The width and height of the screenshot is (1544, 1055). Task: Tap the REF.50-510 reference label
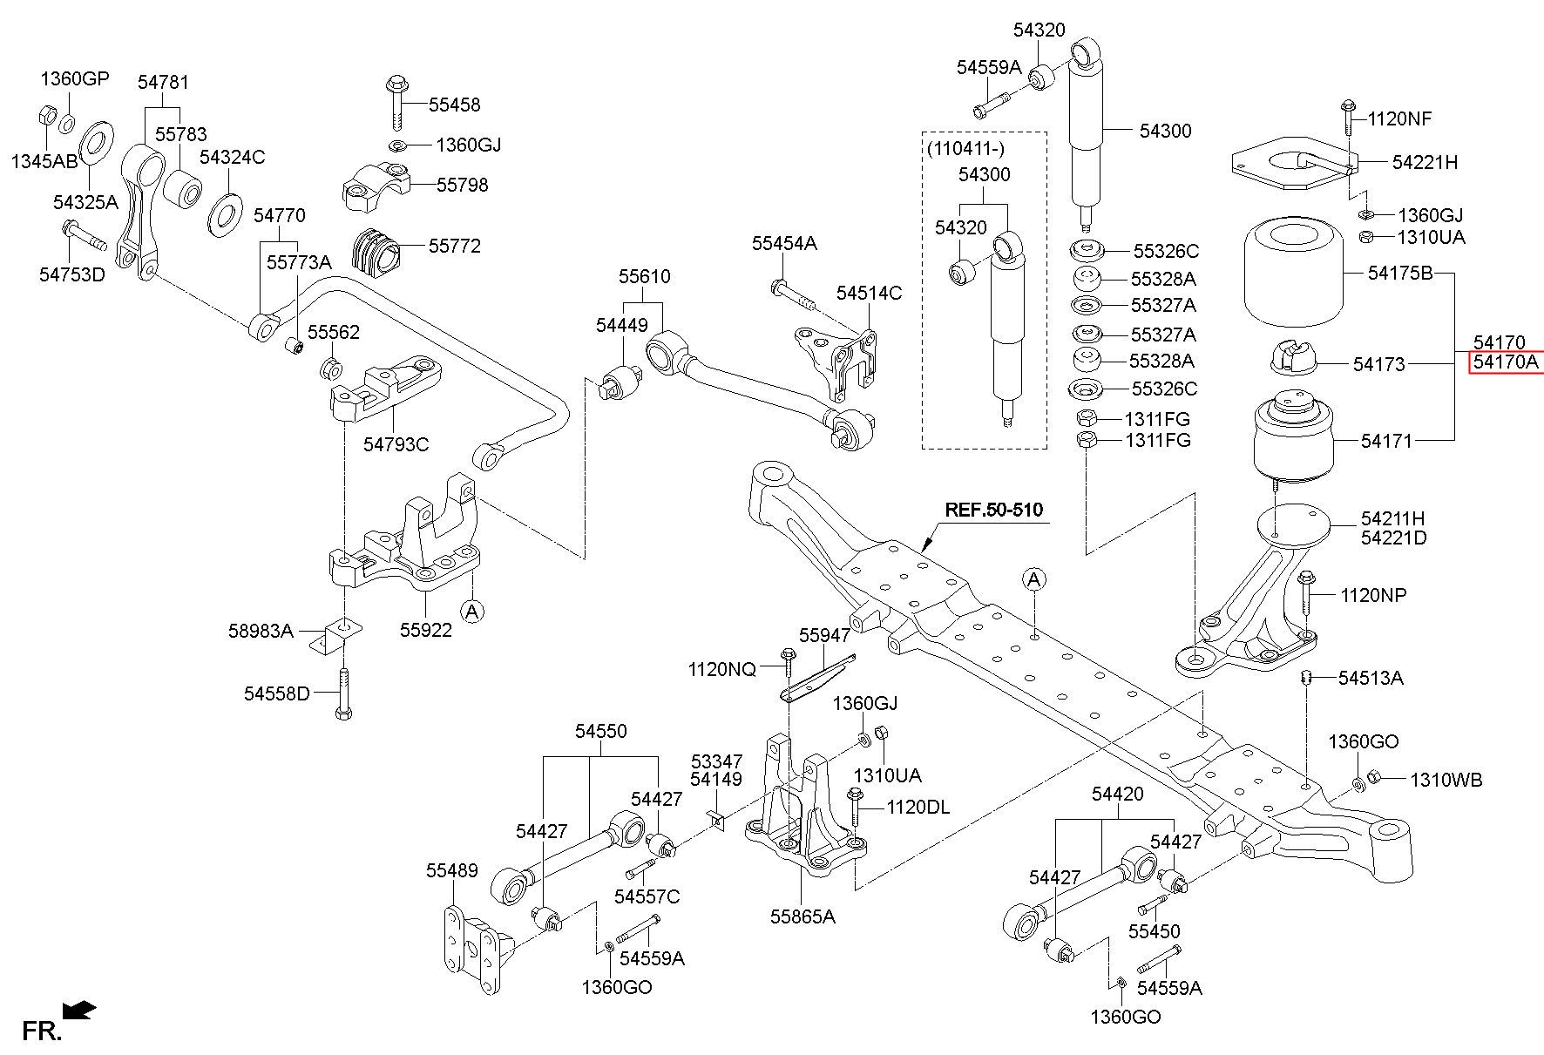[994, 510]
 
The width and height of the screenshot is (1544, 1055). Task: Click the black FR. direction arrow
[80, 1011]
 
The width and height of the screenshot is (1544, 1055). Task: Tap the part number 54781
[163, 82]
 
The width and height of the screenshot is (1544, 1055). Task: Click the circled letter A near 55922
[471, 611]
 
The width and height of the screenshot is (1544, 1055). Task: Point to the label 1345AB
[44, 161]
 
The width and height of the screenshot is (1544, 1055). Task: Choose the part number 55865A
[802, 916]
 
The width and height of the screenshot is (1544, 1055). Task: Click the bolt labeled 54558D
[343, 694]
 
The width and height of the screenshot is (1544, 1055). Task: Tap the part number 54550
[600, 731]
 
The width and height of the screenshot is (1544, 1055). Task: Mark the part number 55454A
[784, 244]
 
